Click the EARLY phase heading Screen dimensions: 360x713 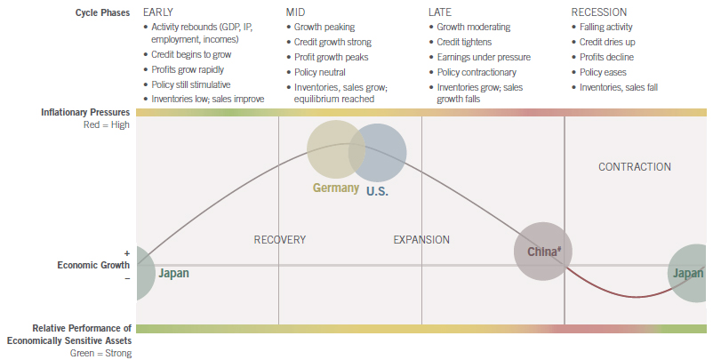(159, 12)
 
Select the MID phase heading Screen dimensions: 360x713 (296, 12)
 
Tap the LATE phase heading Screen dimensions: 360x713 (441, 12)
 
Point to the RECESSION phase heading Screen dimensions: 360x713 (598, 12)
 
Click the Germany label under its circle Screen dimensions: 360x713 (335, 188)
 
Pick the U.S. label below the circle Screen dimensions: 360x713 (378, 191)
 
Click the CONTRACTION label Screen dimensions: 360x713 (634, 167)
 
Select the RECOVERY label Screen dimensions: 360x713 (279, 240)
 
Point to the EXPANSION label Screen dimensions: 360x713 (421, 240)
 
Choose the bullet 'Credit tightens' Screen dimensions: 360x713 (465, 42)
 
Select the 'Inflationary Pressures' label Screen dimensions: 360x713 (85, 113)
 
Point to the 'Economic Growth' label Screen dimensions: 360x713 (93, 265)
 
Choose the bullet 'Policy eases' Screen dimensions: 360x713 (605, 72)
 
